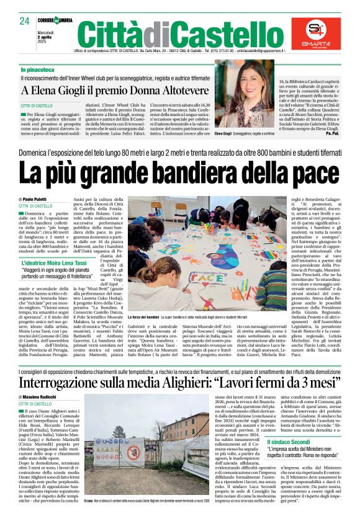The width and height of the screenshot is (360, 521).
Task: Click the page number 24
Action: click(24, 21)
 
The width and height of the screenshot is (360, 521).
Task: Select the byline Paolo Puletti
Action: click(38, 198)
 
